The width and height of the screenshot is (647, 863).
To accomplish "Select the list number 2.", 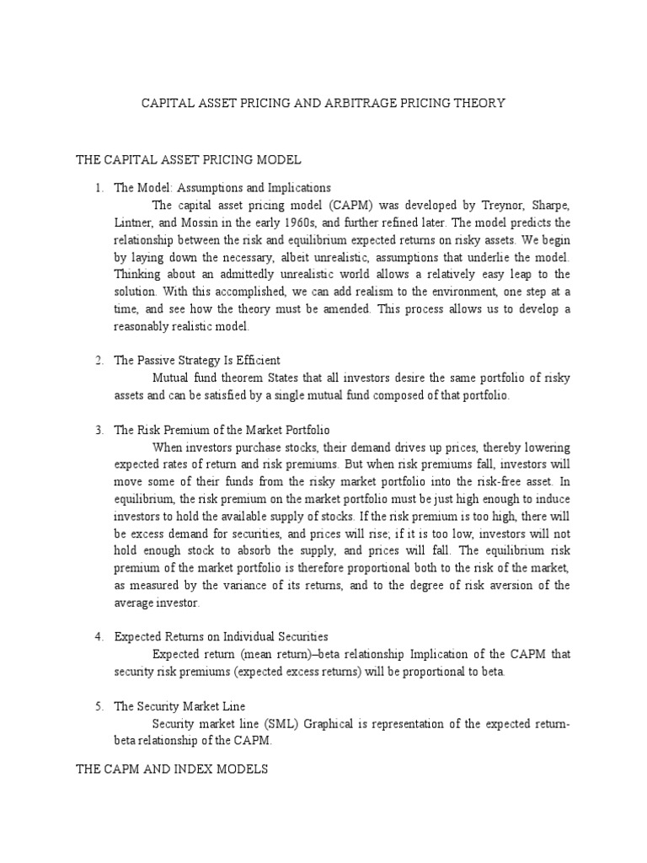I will pyautogui.click(x=99, y=361).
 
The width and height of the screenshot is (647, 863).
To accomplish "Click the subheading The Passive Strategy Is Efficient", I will pyautogui.click(x=196, y=361).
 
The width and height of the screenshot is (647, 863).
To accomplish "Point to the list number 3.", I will pyautogui.click(x=99, y=430).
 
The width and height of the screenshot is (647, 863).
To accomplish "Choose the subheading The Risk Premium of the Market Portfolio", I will pyautogui.click(x=227, y=430).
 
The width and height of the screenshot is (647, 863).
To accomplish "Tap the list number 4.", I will pyautogui.click(x=99, y=636).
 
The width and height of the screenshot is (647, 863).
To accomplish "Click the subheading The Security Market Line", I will pyautogui.click(x=179, y=705).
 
